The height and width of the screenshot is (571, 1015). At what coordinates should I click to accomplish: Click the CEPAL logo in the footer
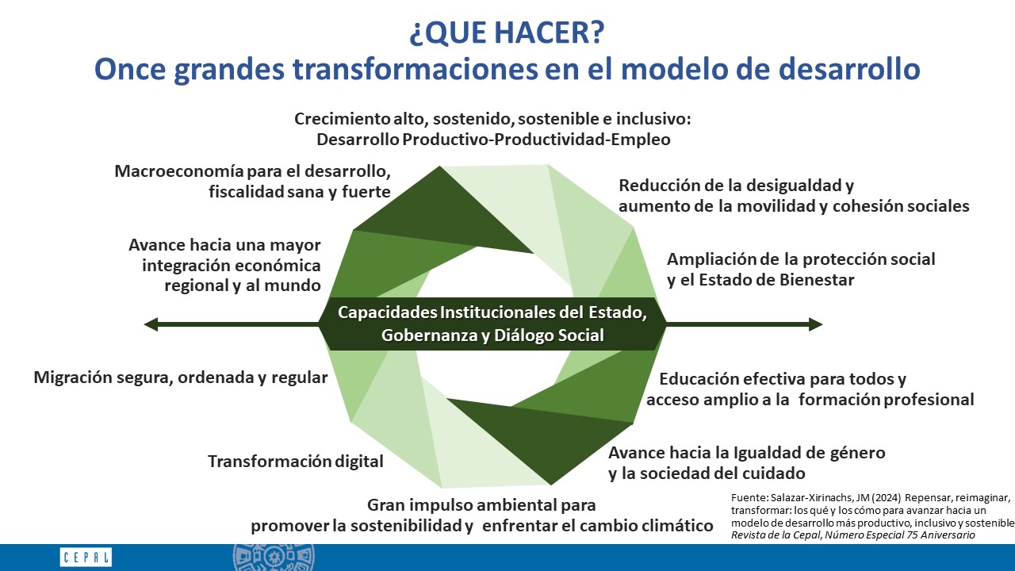pos(86,557)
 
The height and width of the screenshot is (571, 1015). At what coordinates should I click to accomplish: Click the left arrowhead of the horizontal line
pos(151,324)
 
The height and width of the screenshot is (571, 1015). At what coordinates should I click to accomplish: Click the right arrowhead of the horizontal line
pos(816,324)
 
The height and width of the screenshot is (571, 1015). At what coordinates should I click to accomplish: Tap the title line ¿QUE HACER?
pos(507,33)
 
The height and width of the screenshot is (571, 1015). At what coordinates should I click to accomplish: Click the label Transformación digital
pos(296,462)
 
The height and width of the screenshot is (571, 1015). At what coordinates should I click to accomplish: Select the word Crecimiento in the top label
pos(342,119)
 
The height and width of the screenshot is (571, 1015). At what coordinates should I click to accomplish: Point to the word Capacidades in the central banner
pos(388,312)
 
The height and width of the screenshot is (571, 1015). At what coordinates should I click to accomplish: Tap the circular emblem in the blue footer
pos(274,557)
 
